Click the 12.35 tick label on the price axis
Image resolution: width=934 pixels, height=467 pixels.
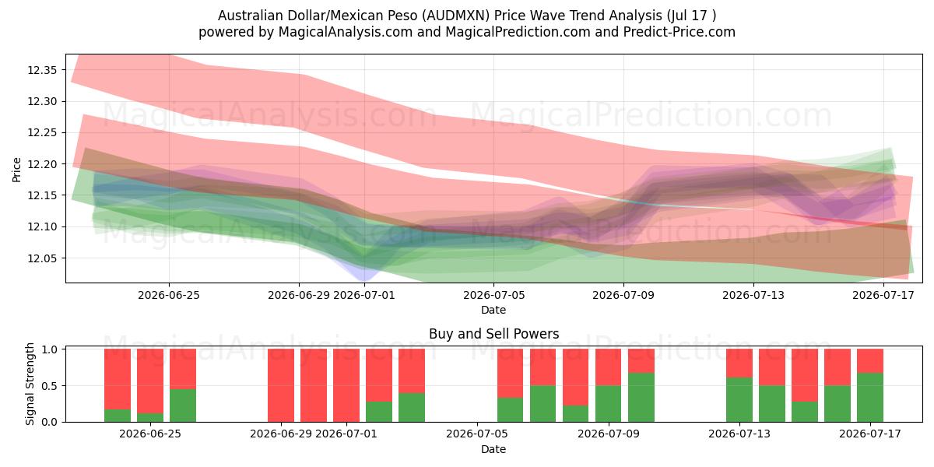point(42,70)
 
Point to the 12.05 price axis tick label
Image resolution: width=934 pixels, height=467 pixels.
point(42,258)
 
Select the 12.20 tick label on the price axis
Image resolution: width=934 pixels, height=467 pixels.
point(42,164)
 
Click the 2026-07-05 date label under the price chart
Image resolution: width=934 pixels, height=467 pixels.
point(493,295)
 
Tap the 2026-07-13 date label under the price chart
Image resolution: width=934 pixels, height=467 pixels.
point(753,295)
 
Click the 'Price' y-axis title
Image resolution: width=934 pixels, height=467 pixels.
point(16,170)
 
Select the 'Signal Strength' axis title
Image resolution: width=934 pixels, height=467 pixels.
point(30,384)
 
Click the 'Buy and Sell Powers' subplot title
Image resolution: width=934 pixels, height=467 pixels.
point(493,334)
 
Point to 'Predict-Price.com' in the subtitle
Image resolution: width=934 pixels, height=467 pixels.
point(679,32)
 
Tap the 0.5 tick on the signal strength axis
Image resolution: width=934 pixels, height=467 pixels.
point(50,386)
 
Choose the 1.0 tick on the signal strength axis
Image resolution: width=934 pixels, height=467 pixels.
point(50,349)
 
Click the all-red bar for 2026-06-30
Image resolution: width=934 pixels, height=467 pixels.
point(314,385)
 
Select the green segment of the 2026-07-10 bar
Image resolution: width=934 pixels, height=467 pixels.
point(641,398)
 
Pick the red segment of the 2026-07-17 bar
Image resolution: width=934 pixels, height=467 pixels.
point(870,360)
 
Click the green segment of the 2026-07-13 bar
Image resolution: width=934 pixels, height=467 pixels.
point(739,399)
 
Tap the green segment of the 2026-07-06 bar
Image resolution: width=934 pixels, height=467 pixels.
point(511,410)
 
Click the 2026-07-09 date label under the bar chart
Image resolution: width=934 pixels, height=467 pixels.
point(609,434)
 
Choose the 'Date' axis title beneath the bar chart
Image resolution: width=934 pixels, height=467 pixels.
point(493,449)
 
